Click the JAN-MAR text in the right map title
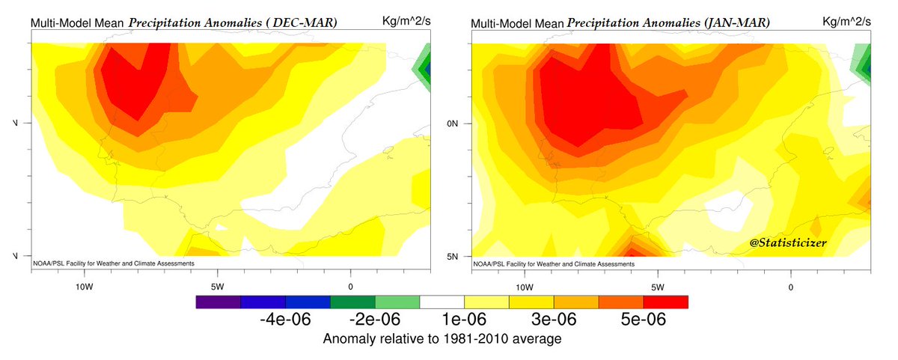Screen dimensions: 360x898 pyautogui.click(x=736, y=23)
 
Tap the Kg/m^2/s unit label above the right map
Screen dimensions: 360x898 pyautogui.click(x=846, y=21)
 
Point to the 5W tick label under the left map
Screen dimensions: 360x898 pyautogui.click(x=217, y=286)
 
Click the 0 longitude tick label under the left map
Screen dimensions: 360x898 pyautogui.click(x=350, y=286)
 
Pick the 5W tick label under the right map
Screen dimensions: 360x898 pyautogui.click(x=658, y=286)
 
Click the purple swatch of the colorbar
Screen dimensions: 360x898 pyautogui.click(x=218, y=302)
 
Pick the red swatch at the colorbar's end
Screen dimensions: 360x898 pyautogui.click(x=665, y=302)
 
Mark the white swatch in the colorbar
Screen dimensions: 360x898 pyautogui.click(x=442, y=302)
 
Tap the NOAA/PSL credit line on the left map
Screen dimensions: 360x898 pyautogui.click(x=114, y=263)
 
